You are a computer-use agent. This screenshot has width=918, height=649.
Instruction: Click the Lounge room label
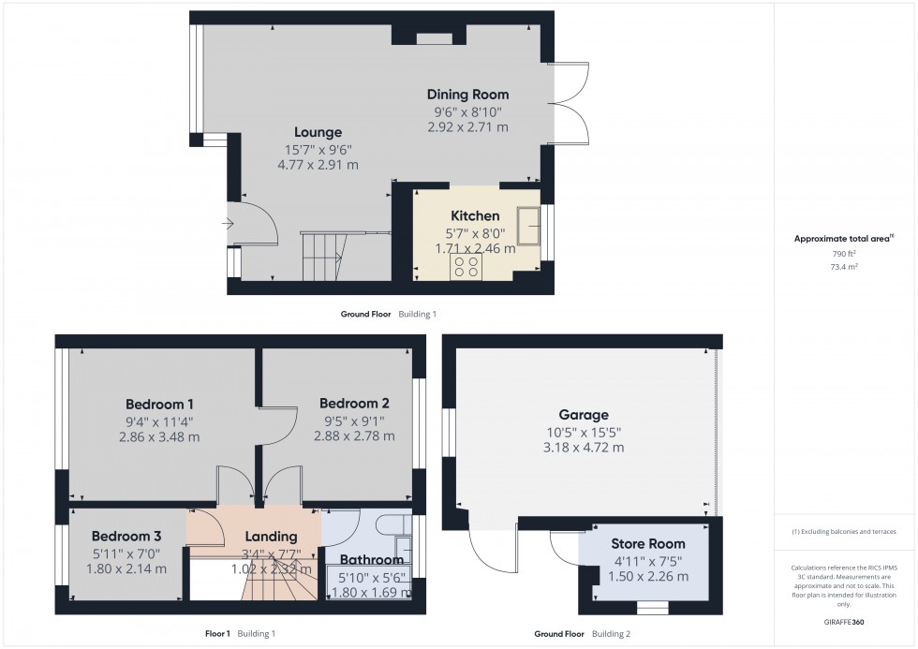click(x=318, y=132)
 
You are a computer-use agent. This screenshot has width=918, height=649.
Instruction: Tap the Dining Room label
click(x=467, y=94)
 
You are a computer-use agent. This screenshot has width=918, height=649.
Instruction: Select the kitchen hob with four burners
click(x=466, y=267)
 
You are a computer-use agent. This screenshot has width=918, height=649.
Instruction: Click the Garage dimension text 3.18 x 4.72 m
click(x=585, y=448)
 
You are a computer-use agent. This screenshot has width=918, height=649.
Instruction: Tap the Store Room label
click(x=647, y=543)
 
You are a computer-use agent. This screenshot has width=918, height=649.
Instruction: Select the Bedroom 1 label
click(x=159, y=404)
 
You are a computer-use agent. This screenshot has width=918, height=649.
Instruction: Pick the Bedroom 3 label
click(x=126, y=536)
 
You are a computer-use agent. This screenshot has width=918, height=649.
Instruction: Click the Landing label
click(x=271, y=537)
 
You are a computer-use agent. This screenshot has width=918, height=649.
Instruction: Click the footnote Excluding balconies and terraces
click(x=845, y=531)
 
